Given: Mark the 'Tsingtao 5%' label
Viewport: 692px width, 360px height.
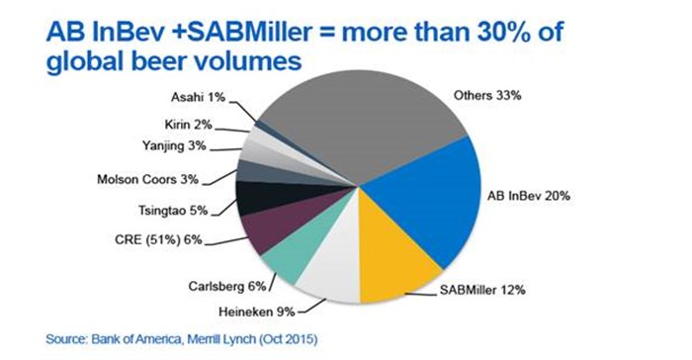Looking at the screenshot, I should pos(172,210).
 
